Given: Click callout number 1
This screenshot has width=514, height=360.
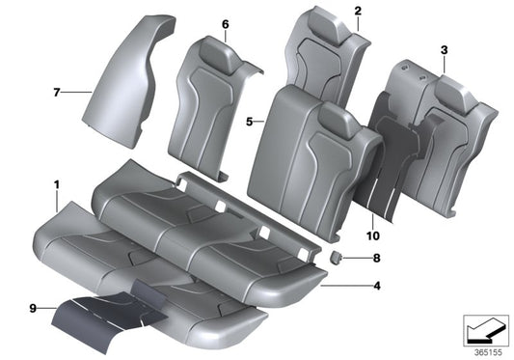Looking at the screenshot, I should (x=57, y=181).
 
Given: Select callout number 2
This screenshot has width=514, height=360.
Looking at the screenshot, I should (x=357, y=12).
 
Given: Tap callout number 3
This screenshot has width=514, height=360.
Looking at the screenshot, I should (x=444, y=48).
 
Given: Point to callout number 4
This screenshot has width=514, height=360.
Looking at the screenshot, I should (x=377, y=286).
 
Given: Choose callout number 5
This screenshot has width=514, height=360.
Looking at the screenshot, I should (x=249, y=123).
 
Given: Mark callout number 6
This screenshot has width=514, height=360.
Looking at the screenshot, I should (x=226, y=24).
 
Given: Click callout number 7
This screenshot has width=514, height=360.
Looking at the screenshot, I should (x=57, y=92).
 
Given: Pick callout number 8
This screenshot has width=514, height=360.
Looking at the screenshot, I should (x=377, y=259).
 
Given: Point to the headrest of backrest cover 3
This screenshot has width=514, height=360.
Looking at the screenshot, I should (x=453, y=92).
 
